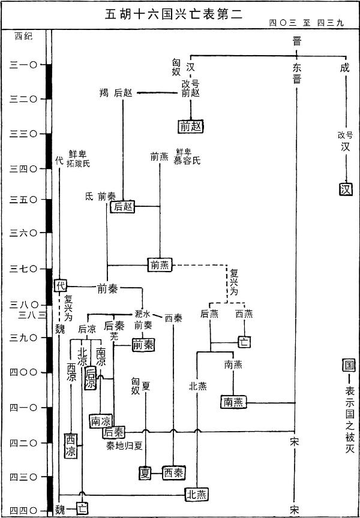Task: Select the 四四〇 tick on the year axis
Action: click(x=23, y=510)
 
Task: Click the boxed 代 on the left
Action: click(x=60, y=286)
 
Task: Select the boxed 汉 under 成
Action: click(x=344, y=189)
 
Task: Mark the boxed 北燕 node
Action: click(x=197, y=494)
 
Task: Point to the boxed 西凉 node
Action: click(x=72, y=444)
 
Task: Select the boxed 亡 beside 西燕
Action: click(x=244, y=342)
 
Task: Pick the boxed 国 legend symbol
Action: click(x=345, y=365)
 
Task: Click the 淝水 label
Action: click(x=142, y=314)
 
